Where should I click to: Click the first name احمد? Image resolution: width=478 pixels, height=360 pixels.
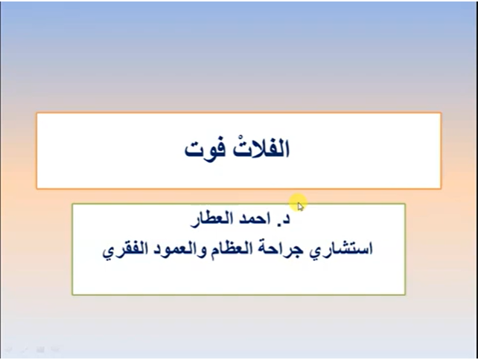(251, 220)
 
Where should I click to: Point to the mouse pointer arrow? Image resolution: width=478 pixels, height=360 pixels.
(299, 205)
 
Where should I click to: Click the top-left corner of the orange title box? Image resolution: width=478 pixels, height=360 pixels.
(36, 113)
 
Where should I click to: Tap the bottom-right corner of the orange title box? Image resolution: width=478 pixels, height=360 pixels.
(441, 188)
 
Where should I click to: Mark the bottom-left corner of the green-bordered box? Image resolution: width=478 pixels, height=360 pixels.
(72, 295)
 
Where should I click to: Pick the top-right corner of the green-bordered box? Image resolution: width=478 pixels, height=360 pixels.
(405, 203)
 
